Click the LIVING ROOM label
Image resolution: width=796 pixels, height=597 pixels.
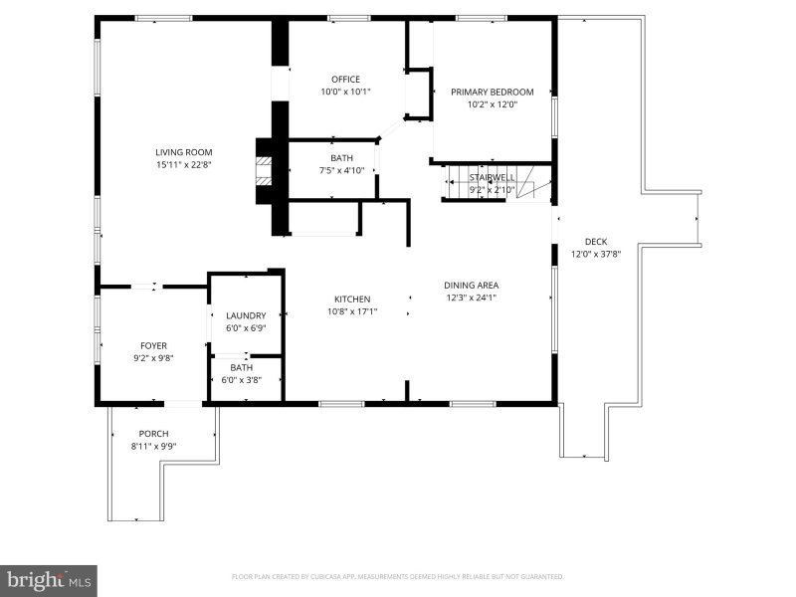[184, 152]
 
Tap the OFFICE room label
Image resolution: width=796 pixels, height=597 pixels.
[345, 80]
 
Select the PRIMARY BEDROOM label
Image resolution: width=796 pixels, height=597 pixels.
[493, 92]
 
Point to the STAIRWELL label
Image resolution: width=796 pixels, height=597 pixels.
[492, 177]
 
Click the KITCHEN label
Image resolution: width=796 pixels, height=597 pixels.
[352, 299]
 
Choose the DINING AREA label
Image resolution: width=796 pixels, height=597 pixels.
[471, 286]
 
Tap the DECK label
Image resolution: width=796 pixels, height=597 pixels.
[596, 242]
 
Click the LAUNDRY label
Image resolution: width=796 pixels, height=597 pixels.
[246, 315]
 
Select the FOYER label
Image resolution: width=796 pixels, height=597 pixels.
[153, 345]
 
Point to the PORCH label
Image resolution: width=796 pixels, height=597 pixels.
[153, 434]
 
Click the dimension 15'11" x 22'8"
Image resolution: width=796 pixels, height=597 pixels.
[184, 164]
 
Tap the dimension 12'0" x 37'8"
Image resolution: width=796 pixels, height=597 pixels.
[596, 254]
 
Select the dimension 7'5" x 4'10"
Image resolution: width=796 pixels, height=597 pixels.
[341, 170]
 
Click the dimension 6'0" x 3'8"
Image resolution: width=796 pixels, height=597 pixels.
[242, 380]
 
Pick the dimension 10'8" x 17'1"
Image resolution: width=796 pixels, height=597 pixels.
[352, 311]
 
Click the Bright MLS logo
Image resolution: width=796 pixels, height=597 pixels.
[48, 581]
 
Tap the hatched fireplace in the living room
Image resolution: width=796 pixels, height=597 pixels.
[264, 171]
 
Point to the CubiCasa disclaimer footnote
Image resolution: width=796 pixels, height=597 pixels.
[397, 577]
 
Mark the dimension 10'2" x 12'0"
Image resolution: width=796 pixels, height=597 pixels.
[493, 104]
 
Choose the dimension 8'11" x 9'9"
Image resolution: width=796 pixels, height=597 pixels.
[153, 446]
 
